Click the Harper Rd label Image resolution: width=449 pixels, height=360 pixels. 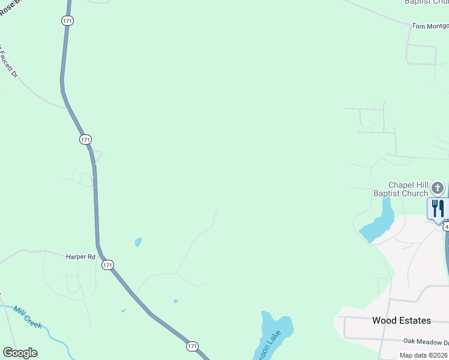[80, 257]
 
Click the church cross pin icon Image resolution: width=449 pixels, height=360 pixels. [438, 188]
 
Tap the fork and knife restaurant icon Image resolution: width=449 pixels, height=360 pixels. [438, 208]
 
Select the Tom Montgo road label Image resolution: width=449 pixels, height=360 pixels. [430, 26]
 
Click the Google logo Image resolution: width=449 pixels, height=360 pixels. [20, 353]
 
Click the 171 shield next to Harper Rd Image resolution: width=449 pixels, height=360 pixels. [107, 265]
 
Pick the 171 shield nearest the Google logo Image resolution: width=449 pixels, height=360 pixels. [191, 346]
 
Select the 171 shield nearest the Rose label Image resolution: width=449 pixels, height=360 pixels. [67, 20]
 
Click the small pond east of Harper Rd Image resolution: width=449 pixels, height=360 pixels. [139, 242]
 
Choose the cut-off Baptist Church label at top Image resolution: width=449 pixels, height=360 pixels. [426, 2]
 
